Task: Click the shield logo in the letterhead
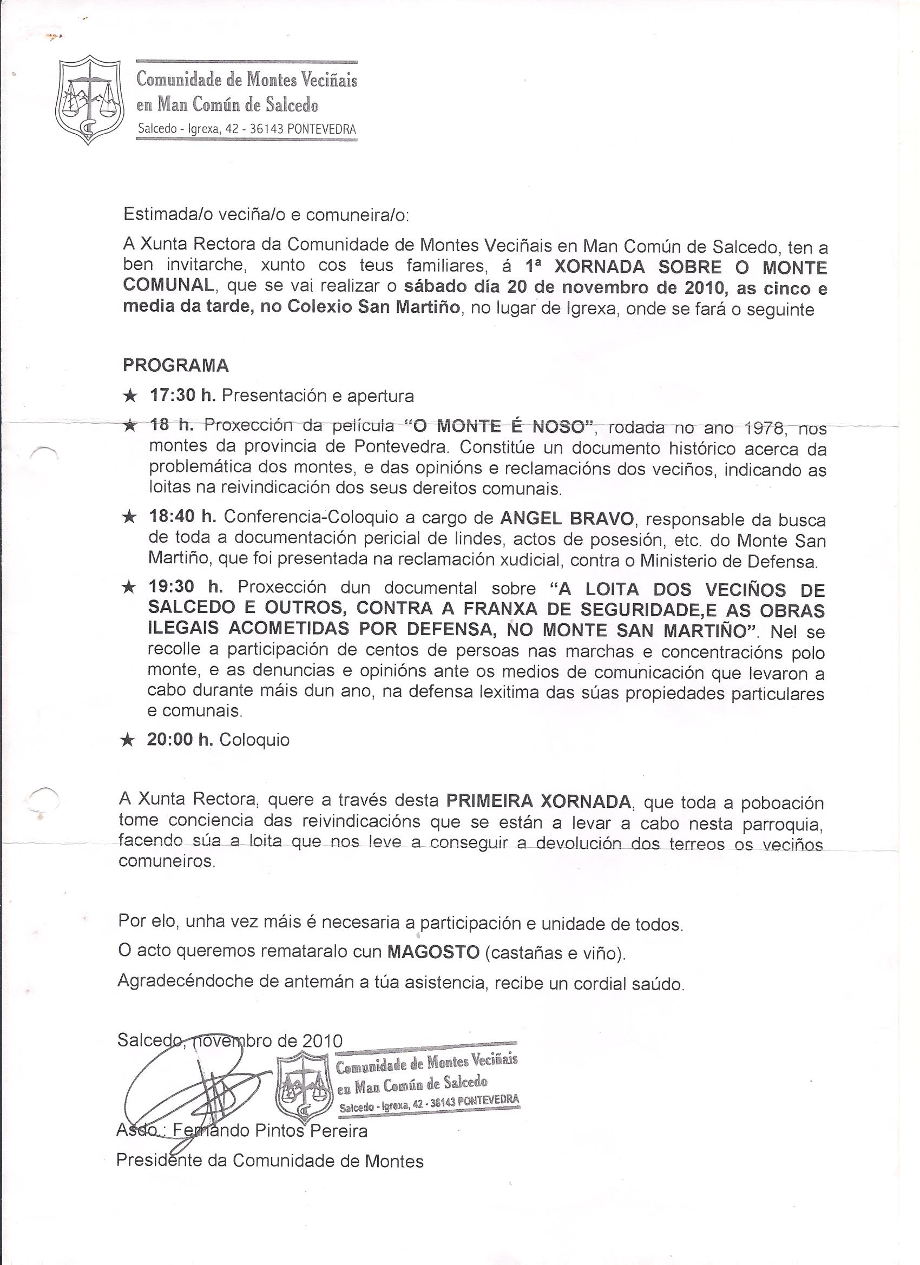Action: pos(89,101)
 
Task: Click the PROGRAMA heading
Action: pos(176,365)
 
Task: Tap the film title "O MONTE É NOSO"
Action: pos(497,427)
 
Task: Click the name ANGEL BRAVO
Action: pos(567,518)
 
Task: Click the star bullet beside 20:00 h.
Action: pos(128,740)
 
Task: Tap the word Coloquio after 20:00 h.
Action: pos(254,740)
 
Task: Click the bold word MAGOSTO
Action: pos(433,951)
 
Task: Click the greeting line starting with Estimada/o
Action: pos(266,214)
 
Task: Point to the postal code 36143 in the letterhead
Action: pos(267,129)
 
